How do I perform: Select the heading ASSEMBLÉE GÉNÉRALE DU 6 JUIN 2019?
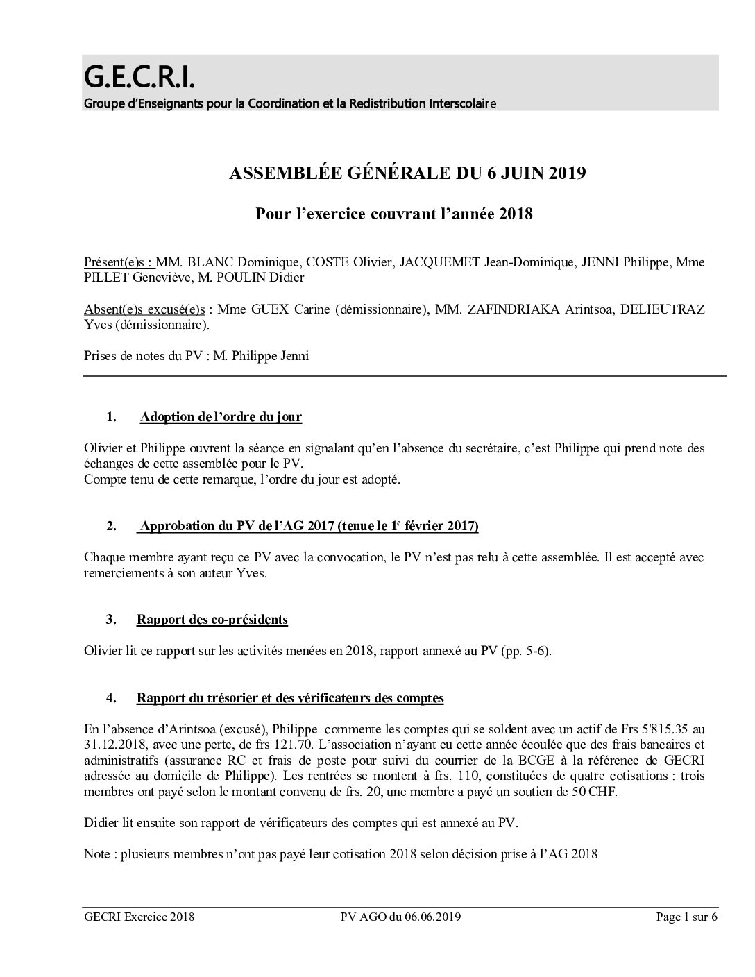pos(407,173)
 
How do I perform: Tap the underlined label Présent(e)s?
pos(118,263)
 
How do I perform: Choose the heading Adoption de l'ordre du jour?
pos(221,417)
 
